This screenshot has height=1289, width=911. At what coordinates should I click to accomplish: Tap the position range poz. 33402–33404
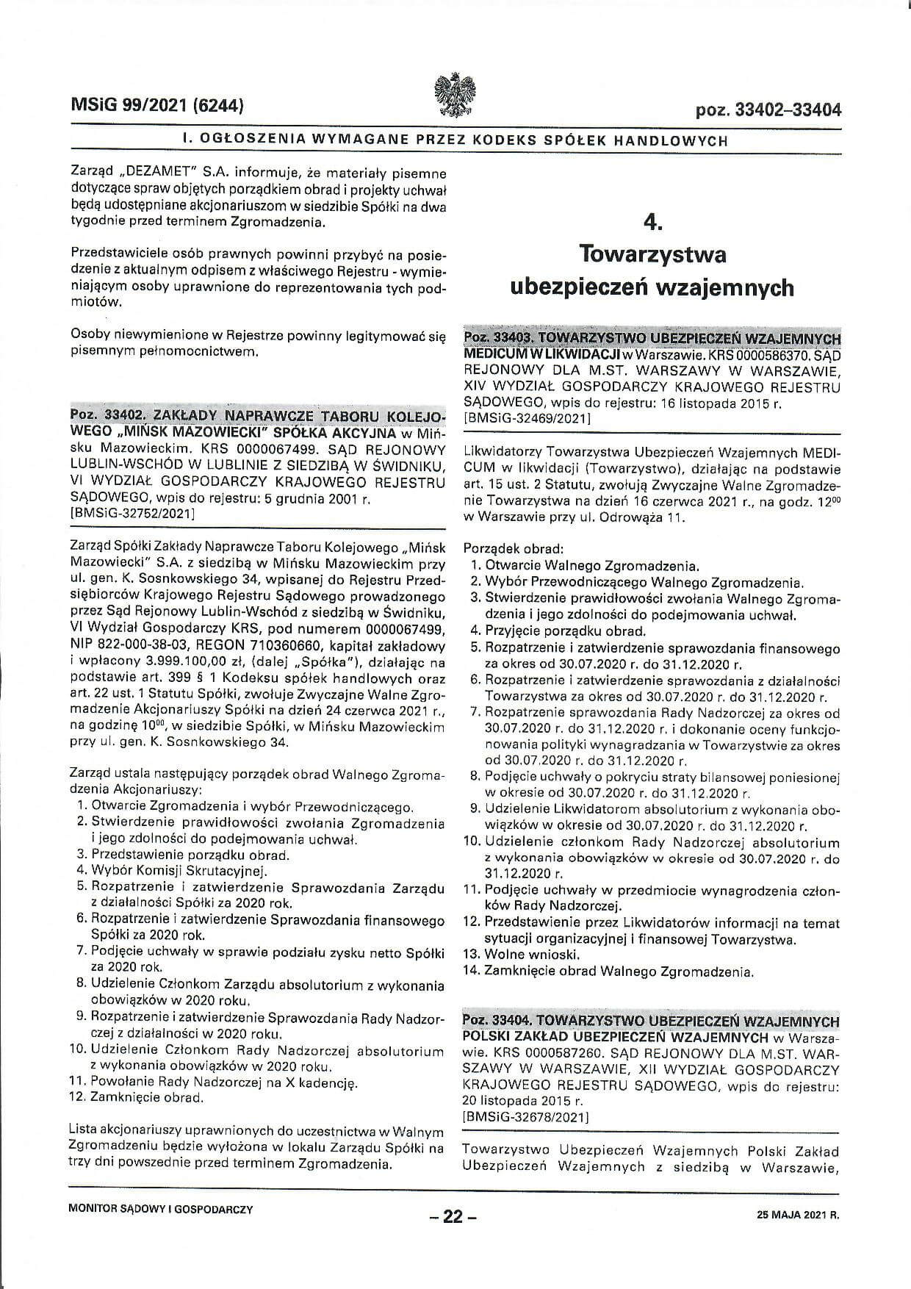point(768,110)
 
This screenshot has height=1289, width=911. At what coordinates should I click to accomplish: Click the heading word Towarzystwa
point(652,254)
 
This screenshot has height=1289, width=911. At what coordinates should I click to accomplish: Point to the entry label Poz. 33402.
point(101,414)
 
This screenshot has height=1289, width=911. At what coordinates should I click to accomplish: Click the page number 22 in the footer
point(453,1217)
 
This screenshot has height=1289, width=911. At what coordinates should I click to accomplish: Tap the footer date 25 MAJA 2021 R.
point(797,1216)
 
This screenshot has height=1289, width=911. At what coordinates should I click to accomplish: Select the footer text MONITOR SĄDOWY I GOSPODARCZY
point(160,1209)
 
